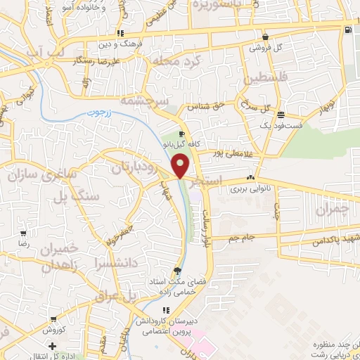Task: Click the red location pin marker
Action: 181,165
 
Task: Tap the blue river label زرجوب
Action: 99,112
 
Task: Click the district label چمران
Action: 332,210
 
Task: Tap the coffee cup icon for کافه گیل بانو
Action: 181,133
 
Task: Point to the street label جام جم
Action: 244,238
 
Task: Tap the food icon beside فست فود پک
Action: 281,115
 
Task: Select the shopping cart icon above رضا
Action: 23,233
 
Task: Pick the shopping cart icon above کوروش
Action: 53,319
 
